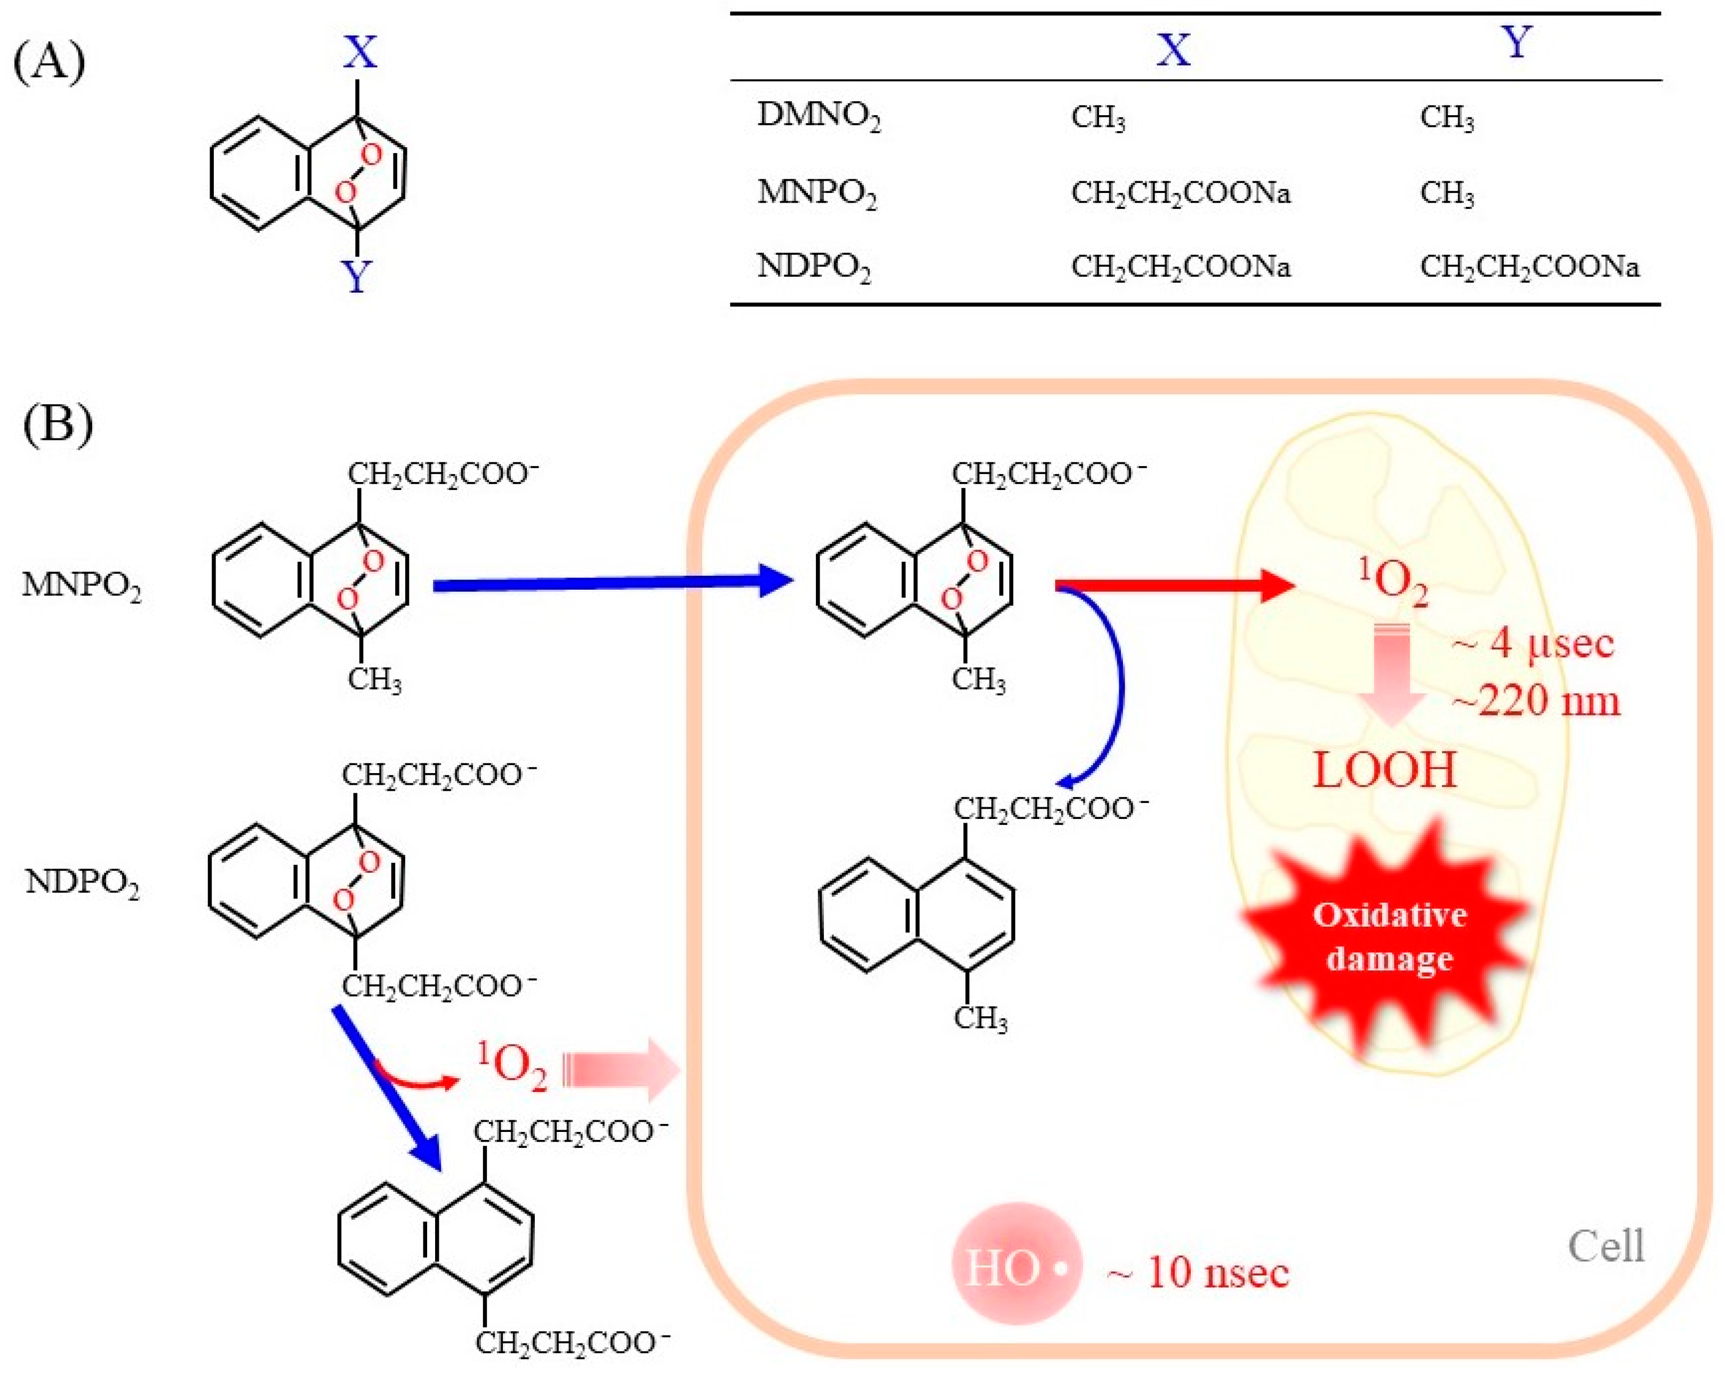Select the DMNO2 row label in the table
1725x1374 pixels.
coord(817,117)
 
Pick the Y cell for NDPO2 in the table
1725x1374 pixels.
coord(1528,267)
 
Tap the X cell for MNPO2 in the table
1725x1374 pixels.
coord(1180,193)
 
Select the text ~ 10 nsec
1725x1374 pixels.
coord(1198,1272)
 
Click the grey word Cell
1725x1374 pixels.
coord(1605,1246)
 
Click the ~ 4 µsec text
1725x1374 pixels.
coord(1531,644)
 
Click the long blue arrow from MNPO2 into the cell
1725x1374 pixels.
coord(608,585)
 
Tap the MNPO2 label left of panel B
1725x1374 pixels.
coord(82,586)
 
